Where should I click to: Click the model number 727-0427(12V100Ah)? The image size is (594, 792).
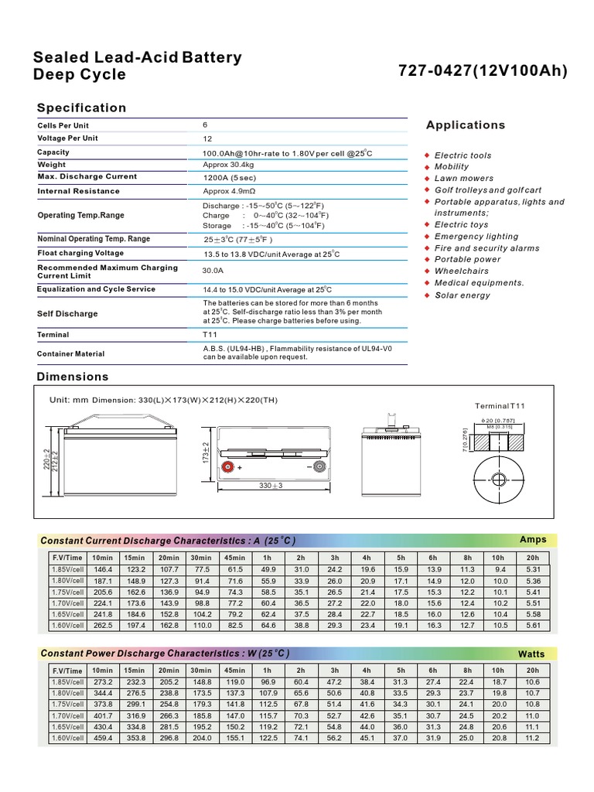pos(483,71)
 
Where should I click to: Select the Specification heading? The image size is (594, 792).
pos(81,108)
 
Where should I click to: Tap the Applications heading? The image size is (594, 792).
pos(466,125)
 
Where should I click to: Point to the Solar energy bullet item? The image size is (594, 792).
pos(462,295)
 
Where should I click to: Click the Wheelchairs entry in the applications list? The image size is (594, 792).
pos(461,271)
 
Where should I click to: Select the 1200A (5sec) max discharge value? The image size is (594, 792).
pos(229,177)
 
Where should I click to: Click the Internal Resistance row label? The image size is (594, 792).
pos(78,191)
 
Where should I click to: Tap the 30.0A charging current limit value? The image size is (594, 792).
pos(213,271)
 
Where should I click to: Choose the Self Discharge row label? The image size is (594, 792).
pos(67,314)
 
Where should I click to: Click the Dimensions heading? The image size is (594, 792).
pos(73,377)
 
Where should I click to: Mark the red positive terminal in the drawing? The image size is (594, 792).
pos(228,468)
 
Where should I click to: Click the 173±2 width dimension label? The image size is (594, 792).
pos(207,453)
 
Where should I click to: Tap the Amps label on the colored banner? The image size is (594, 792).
pos(533,539)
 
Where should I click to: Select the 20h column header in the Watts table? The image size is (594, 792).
pos(532,671)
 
